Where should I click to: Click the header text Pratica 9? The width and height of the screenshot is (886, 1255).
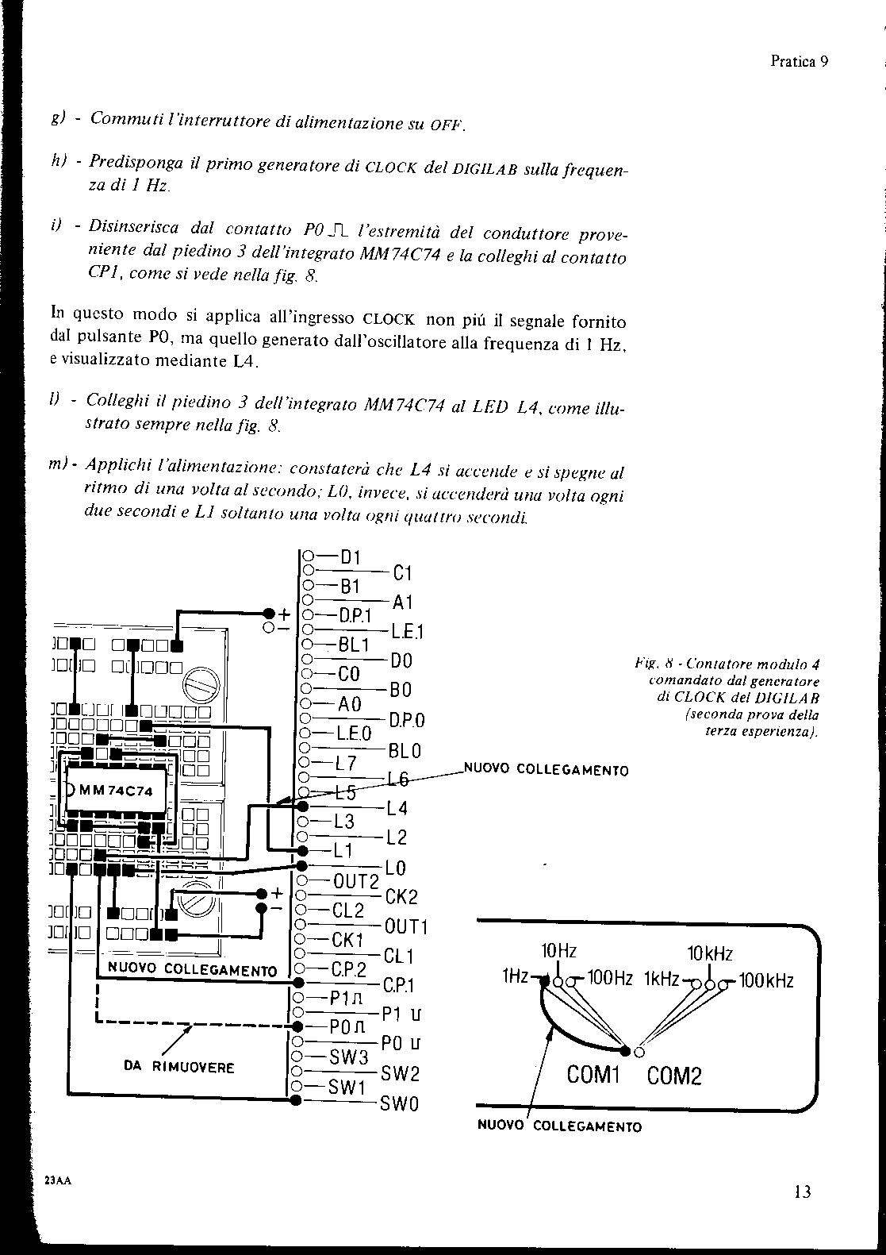799,62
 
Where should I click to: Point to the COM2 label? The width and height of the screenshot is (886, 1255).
675,1076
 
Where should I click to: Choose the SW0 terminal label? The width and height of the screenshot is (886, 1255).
400,1103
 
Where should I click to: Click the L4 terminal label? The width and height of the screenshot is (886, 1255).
397,809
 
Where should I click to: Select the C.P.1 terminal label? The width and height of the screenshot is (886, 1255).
397,985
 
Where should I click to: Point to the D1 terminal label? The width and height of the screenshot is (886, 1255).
351,557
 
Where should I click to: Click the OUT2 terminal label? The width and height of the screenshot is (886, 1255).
356,881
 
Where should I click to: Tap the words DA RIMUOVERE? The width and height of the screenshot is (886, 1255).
179,1067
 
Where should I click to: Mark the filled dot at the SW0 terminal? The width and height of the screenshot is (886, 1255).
295,1099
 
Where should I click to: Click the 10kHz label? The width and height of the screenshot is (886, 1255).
709,953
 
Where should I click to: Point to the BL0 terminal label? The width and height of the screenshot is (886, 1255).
405,751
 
